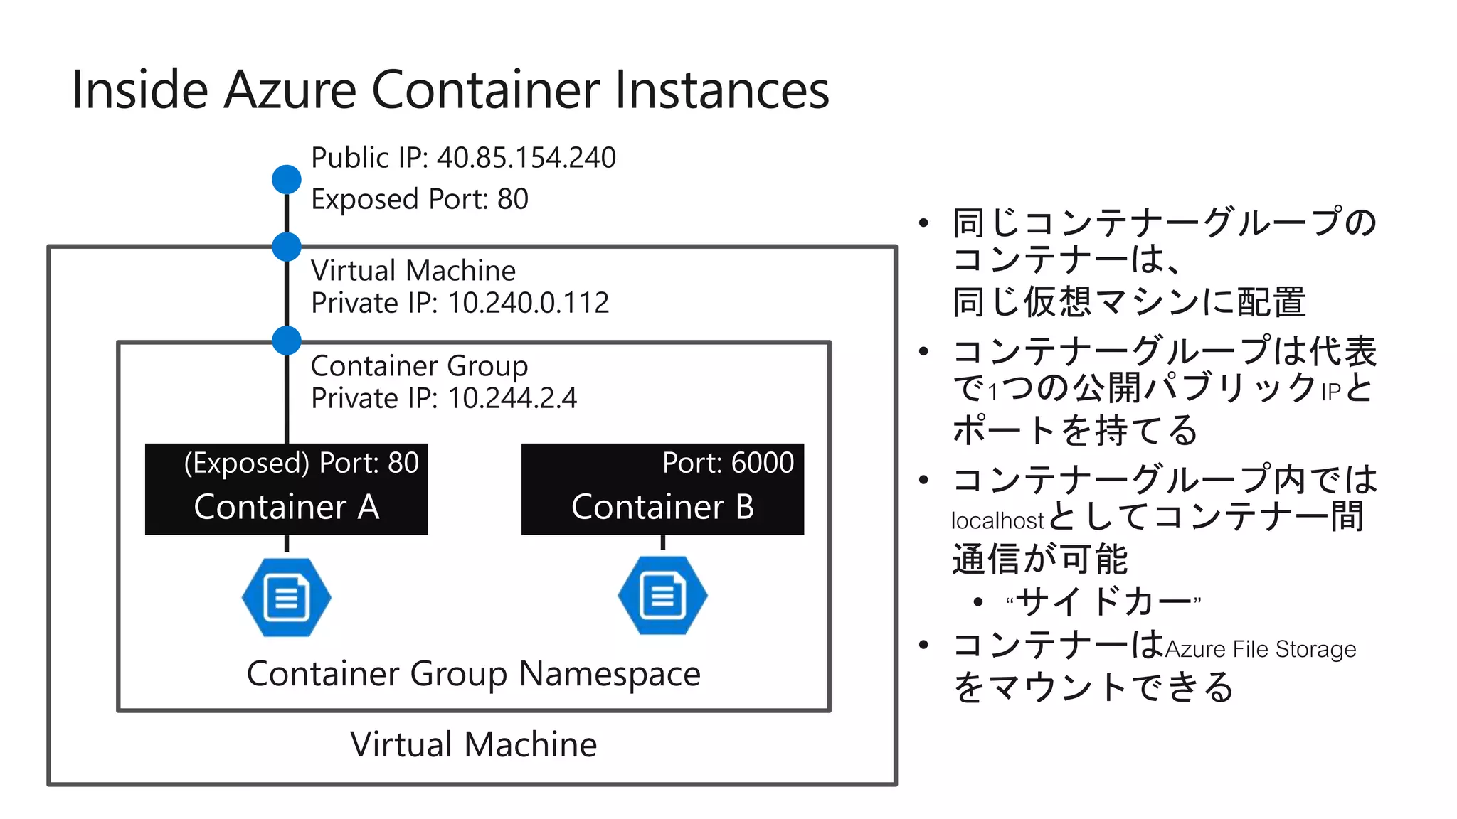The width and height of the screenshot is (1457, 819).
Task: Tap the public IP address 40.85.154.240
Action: point(526,158)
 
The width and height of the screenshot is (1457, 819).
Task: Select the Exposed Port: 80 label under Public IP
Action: point(420,199)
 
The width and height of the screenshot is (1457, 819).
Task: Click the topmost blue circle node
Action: point(287,179)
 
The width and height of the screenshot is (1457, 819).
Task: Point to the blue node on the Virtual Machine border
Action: point(287,247)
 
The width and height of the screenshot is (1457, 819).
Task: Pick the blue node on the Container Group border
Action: point(287,341)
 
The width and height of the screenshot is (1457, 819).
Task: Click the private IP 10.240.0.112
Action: point(529,304)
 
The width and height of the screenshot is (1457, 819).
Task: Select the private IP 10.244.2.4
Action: point(512,398)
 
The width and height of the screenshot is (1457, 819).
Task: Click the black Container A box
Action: point(286,489)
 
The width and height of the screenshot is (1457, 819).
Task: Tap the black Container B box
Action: point(662,489)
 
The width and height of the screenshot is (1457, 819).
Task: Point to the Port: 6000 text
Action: point(728,463)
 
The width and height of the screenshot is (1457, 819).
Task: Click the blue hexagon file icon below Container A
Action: point(287,597)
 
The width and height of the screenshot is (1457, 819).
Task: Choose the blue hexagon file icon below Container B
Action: point(662,596)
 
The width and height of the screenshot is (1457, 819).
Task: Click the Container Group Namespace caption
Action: point(473,674)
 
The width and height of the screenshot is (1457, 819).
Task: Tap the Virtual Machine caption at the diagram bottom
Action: point(473,744)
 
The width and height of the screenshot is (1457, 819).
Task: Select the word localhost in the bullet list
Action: point(997,520)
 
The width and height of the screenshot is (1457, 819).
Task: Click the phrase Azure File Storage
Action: point(1260,649)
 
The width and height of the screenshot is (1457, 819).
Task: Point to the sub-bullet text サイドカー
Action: point(1103,601)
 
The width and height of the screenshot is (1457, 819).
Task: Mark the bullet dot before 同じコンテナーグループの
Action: point(923,223)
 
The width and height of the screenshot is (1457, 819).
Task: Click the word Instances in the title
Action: point(722,90)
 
